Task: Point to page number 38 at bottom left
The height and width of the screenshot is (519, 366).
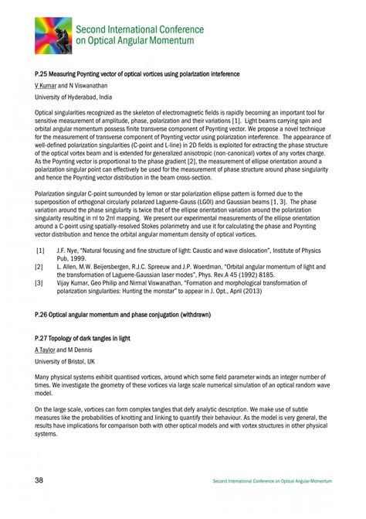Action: click(x=39, y=481)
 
